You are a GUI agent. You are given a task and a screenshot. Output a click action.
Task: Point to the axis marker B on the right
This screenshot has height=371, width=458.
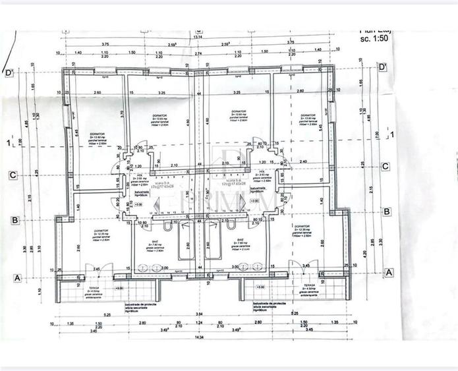click(x=387, y=212)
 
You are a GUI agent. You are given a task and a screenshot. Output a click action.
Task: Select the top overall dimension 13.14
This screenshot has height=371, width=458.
click(x=198, y=38)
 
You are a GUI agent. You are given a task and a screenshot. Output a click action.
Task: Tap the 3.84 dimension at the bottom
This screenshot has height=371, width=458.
click(x=198, y=314)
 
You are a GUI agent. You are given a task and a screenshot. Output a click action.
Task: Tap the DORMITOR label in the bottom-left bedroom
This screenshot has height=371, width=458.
click(x=100, y=230)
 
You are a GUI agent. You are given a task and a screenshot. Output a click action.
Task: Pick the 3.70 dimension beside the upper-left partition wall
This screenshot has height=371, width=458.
click(x=123, y=113)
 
